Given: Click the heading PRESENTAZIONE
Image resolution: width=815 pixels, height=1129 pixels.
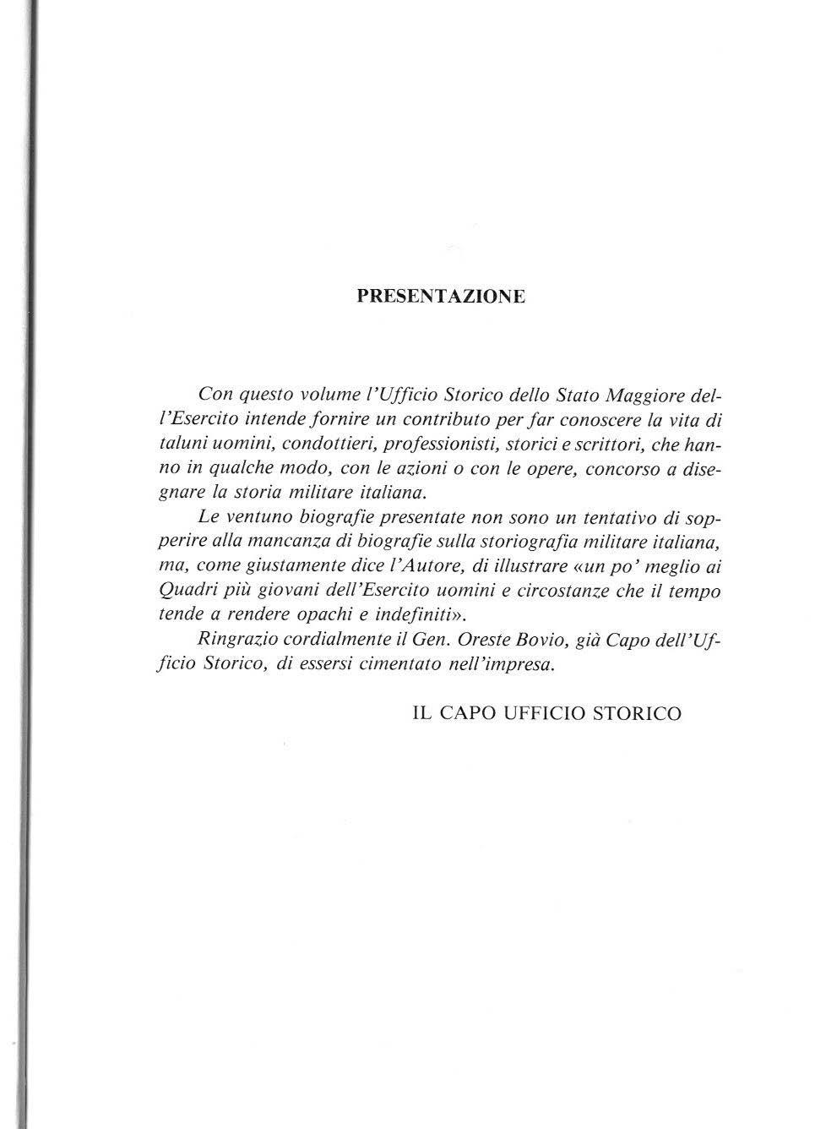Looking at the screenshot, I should [441, 297].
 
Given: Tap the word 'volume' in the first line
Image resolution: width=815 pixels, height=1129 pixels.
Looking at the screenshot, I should [321, 395].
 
